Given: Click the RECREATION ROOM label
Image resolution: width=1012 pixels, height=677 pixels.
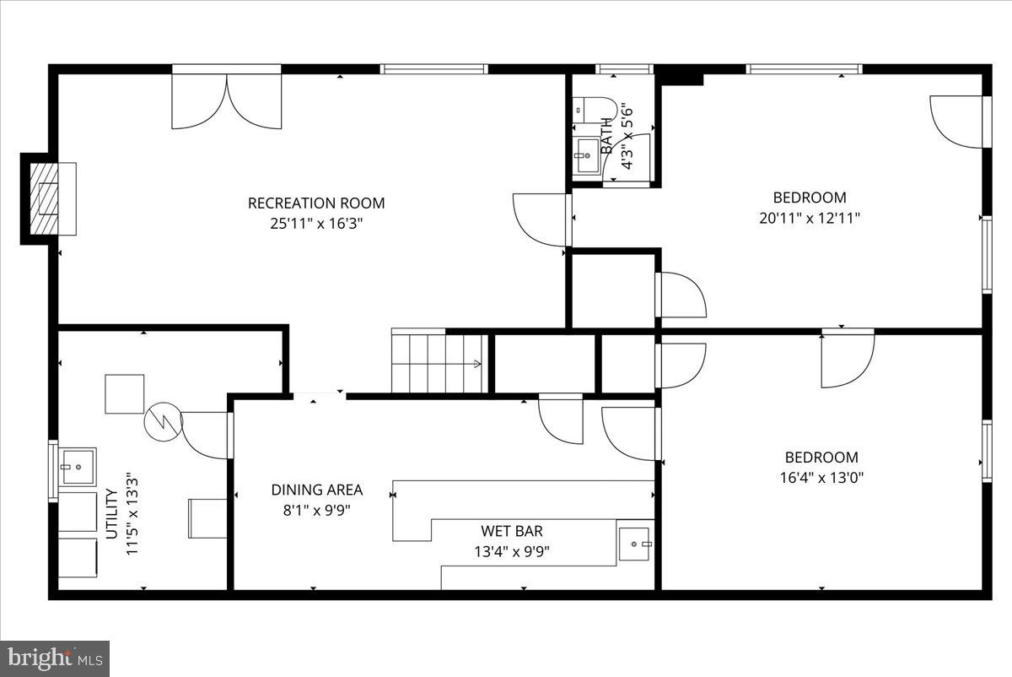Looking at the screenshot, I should (x=316, y=203).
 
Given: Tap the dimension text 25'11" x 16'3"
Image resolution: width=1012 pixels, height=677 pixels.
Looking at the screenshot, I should (x=316, y=224).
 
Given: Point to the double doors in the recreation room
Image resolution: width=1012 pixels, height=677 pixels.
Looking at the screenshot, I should (x=226, y=100).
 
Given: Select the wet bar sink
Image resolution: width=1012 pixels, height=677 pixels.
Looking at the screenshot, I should (x=634, y=544).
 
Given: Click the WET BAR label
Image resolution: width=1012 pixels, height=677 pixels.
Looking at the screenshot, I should (x=512, y=531).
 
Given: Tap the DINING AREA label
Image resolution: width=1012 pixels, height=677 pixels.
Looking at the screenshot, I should (x=317, y=490).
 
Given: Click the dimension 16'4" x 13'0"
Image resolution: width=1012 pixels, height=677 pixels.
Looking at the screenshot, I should (x=821, y=477).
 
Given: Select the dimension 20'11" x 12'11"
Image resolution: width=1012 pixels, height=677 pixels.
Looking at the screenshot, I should (x=810, y=217).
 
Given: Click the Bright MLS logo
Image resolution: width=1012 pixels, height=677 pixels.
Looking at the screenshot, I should (x=55, y=658).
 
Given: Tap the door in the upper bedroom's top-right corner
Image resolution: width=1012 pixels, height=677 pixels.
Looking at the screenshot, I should (x=958, y=122).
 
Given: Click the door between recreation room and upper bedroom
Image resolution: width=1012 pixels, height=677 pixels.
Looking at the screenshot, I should (x=542, y=219).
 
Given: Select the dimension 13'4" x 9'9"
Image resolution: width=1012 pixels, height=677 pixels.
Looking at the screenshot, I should (x=512, y=552).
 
